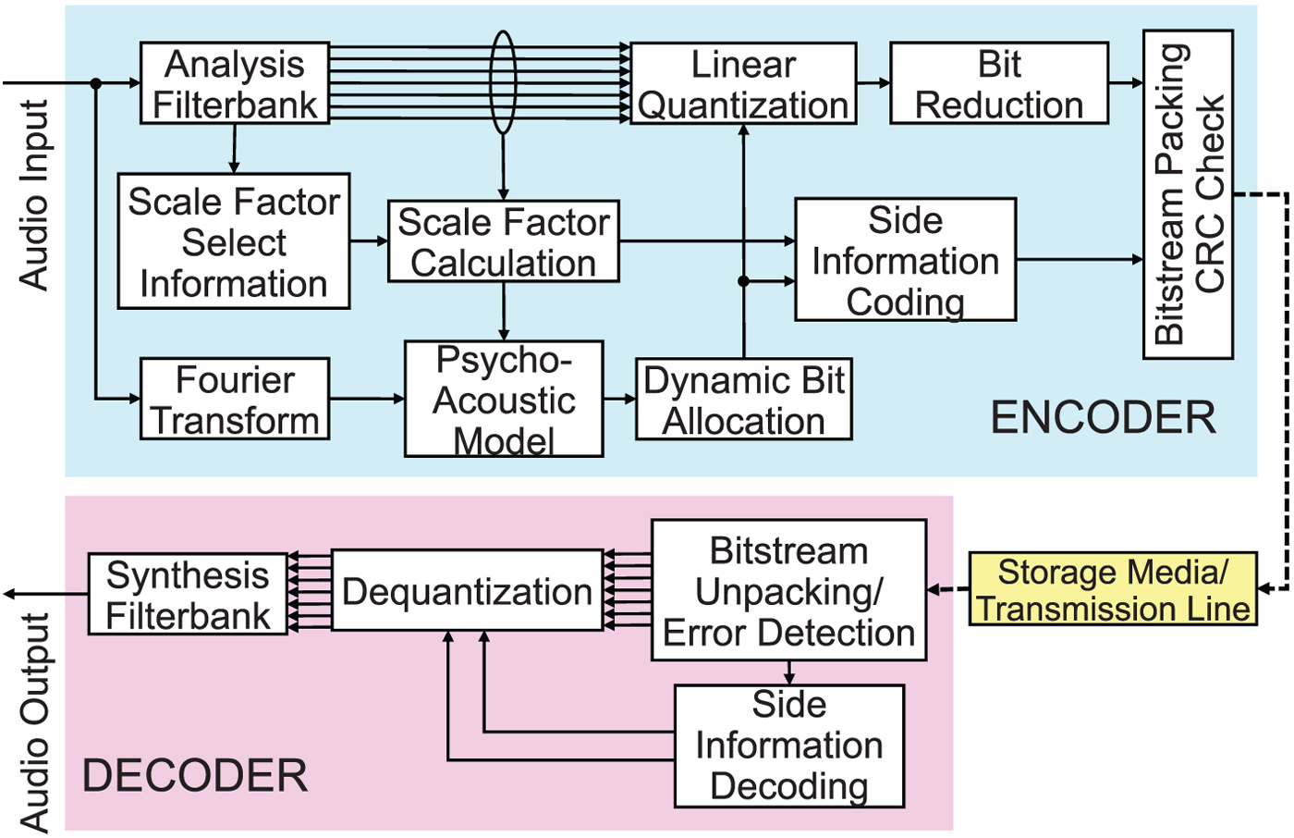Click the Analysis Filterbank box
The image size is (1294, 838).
coord(235,83)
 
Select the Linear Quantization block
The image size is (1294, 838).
coord(743,83)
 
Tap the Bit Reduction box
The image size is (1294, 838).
coord(999,83)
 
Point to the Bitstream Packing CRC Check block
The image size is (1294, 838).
coord(1188,194)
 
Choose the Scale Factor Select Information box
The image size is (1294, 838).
coord(234,241)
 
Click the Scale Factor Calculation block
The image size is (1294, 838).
coord(504,241)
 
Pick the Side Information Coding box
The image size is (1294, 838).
coord(906,260)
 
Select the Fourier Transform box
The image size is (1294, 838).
coord(235,399)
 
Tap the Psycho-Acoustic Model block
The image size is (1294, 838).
coord(504,399)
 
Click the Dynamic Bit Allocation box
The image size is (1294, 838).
coord(744,400)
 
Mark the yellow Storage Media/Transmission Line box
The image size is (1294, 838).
coord(1113,589)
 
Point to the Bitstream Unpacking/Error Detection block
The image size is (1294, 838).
coord(788,590)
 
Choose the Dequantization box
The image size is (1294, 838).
coord(467,591)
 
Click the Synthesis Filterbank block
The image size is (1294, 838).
coord(188,594)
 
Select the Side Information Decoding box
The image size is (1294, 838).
coord(789,746)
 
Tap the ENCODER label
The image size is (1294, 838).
coord(1103,418)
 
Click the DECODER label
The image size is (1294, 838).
coord(195,775)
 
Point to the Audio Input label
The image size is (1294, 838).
coord(34,195)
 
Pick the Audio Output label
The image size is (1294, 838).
coord(34,721)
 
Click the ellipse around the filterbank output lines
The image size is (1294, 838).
coord(502,82)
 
